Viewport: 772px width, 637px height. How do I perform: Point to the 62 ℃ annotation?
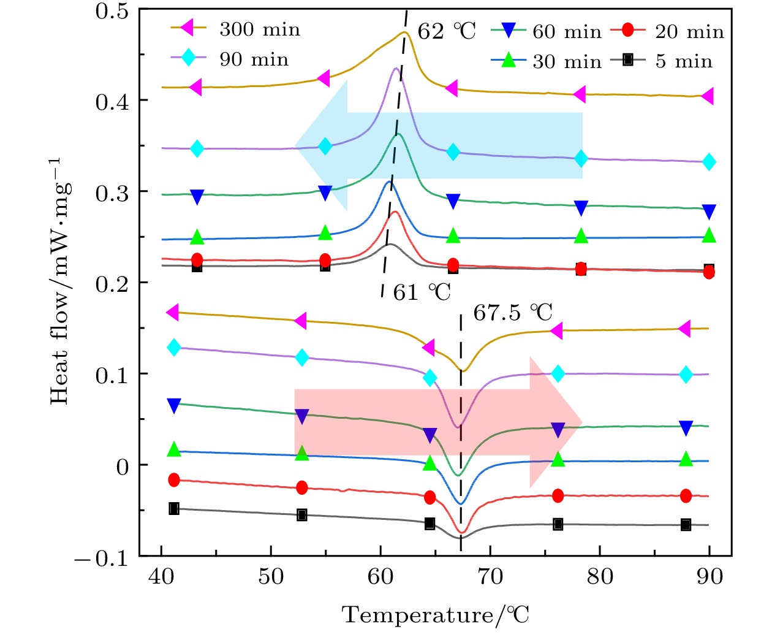click(446, 31)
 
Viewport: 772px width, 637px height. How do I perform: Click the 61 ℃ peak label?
click(422, 292)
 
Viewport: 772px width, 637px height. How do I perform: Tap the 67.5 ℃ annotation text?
click(512, 313)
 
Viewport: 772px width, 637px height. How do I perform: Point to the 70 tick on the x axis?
click(490, 577)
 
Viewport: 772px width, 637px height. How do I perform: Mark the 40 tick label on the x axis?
click(161, 577)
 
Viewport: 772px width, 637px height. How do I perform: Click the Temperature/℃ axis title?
click(435, 614)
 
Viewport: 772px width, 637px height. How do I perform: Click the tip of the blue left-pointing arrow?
click(296, 146)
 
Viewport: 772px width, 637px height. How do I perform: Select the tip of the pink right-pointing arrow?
click(581, 422)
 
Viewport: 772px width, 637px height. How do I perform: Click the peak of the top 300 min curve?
click(404, 32)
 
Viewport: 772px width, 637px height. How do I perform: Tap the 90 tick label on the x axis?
click(710, 577)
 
